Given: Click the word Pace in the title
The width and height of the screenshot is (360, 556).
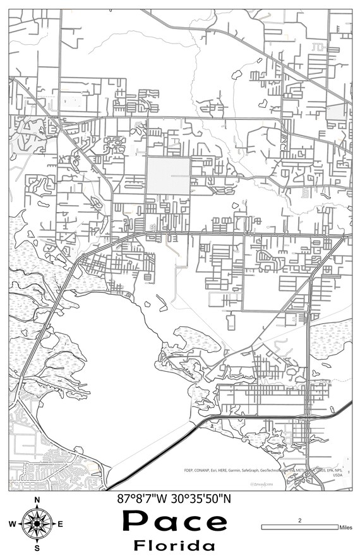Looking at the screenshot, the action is (174, 522).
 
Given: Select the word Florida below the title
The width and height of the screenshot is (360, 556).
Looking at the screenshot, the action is (174, 545).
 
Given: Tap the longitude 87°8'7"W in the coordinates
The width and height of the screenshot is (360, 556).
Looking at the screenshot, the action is (143, 499).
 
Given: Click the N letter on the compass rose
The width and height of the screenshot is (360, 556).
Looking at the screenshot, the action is (37, 500).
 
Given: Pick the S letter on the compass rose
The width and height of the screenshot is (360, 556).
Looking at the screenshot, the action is (37, 548).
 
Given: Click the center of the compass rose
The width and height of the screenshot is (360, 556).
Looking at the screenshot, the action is (37, 524).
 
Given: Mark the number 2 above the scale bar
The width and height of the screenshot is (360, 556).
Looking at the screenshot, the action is (299, 520).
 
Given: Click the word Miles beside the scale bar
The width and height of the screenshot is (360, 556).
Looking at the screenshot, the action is (345, 527).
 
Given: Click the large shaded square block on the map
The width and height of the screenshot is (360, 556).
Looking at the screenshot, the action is (168, 175).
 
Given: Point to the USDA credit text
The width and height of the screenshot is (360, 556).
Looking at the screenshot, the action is (337, 476).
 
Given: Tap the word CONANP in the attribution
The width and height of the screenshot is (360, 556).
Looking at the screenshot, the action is (206, 470).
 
